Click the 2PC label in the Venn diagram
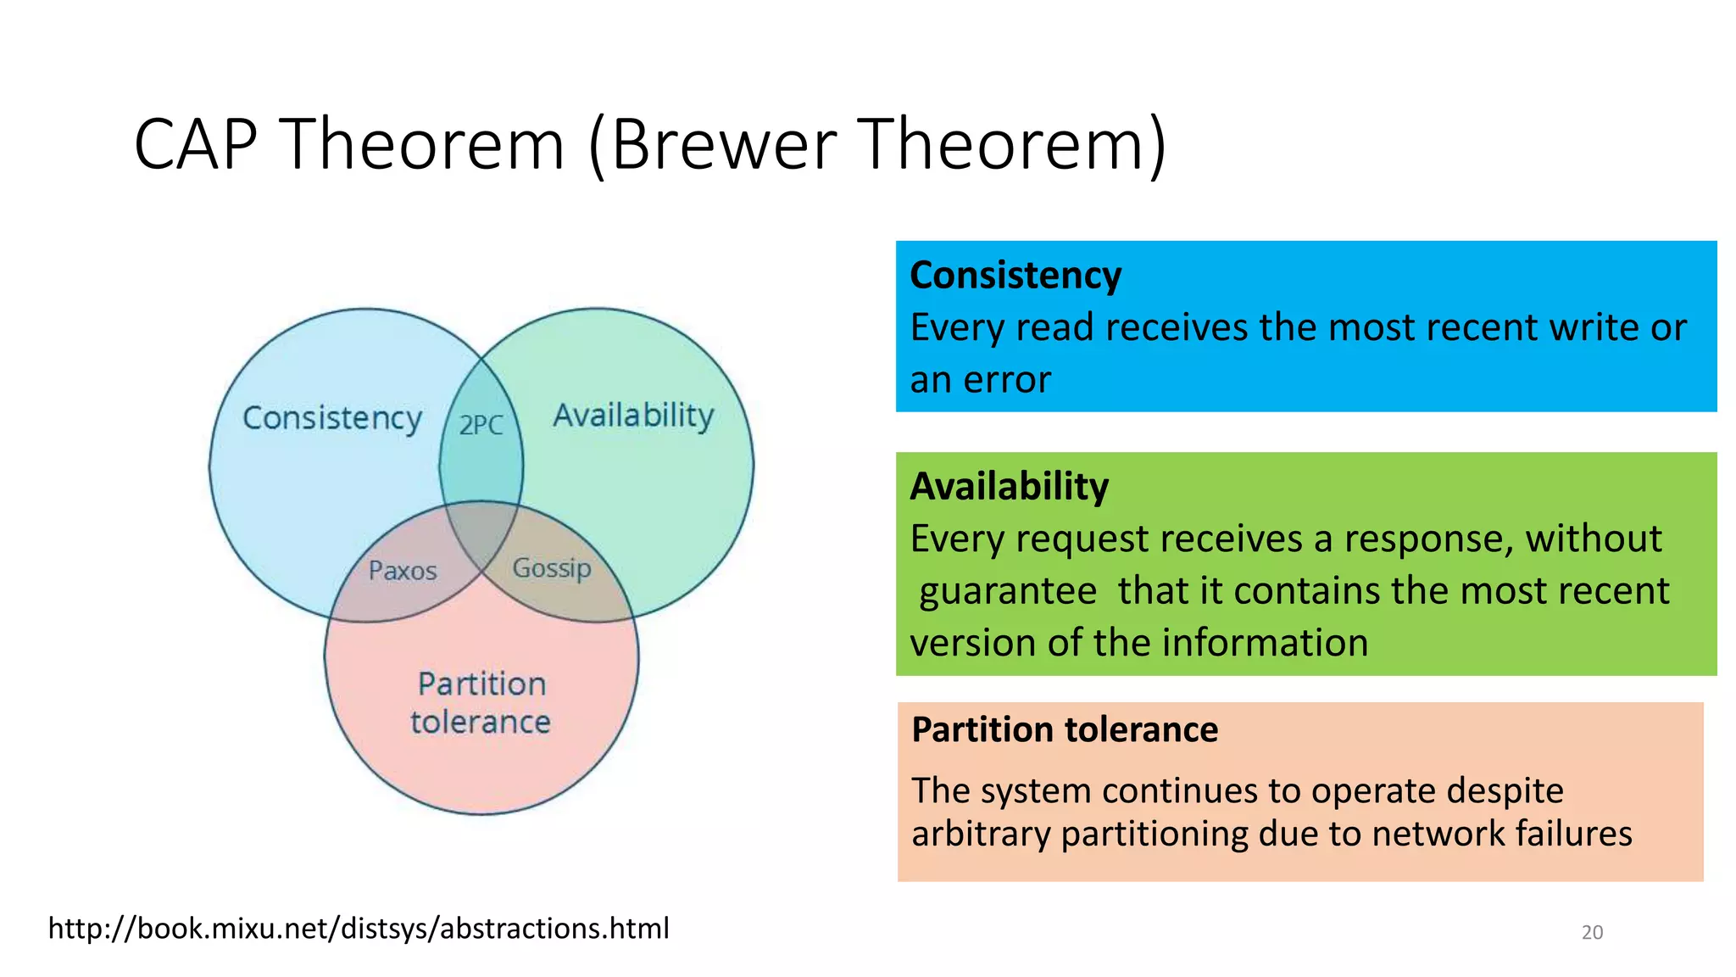pyautogui.click(x=481, y=424)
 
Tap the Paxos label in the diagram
pyautogui.click(x=403, y=571)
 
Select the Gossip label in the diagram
pyautogui.click(x=552, y=567)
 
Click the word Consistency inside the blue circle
pyautogui.click(x=332, y=419)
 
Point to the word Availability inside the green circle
pyautogui.click(x=633, y=416)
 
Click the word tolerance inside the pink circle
pyautogui.click(x=481, y=723)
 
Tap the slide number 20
pyautogui.click(x=1592, y=932)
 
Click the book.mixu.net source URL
pyautogui.click(x=359, y=928)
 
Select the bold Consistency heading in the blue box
pyautogui.click(x=1015, y=276)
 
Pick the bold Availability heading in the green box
pyautogui.click(x=1009, y=487)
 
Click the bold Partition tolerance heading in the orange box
pyautogui.click(x=1064, y=729)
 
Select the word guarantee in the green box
pyautogui.click(x=1008, y=591)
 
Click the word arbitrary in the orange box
pyautogui.click(x=981, y=834)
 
